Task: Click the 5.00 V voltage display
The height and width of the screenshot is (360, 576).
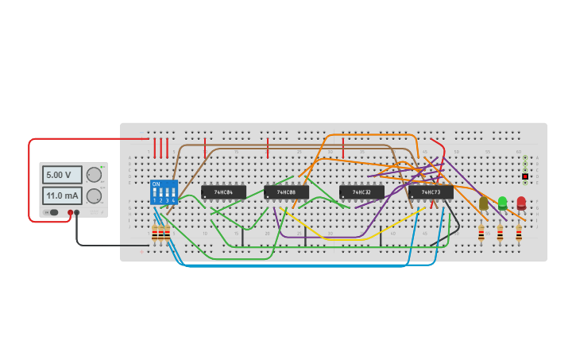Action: click(62, 175)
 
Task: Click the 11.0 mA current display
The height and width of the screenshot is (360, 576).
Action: click(62, 195)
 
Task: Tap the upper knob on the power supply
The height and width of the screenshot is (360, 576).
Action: click(94, 175)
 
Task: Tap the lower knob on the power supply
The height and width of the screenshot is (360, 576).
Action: click(94, 195)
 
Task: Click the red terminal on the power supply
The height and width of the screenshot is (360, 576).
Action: click(70, 212)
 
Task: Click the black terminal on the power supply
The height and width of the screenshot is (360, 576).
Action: click(77, 212)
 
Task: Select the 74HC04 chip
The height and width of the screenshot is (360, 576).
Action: click(223, 192)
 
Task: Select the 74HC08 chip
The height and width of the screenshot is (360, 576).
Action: click(286, 192)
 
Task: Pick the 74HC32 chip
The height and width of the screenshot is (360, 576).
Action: click(361, 192)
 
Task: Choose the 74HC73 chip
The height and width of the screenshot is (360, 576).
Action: click(431, 192)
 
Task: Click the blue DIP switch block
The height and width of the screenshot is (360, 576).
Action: click(164, 192)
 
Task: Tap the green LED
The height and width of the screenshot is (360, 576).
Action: click(502, 203)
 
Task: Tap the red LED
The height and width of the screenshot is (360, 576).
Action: click(521, 203)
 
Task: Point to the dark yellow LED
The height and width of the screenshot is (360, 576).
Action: click(483, 203)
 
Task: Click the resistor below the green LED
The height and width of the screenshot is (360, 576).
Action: click(500, 233)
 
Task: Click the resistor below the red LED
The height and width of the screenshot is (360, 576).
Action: click(519, 233)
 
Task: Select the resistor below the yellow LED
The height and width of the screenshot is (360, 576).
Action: click(481, 233)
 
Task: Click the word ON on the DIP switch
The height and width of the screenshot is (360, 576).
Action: click(156, 184)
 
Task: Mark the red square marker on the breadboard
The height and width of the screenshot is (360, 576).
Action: click(525, 176)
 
